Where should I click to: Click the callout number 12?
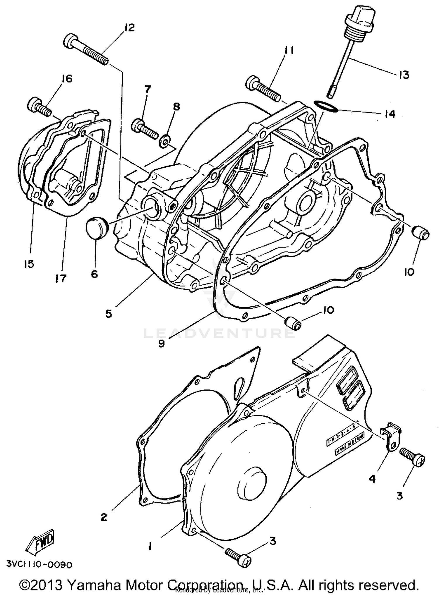click(129, 28)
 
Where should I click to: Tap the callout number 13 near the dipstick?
click(404, 75)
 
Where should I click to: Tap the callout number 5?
click(109, 314)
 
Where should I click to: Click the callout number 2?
click(104, 517)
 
